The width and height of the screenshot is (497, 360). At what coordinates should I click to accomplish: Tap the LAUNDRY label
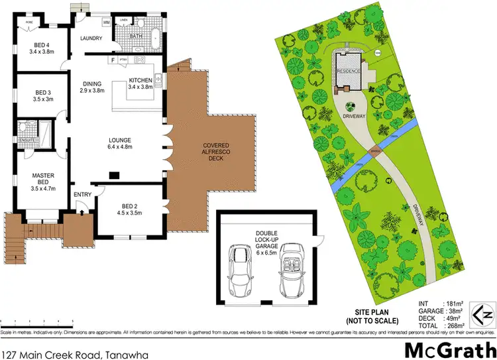[x=91, y=38]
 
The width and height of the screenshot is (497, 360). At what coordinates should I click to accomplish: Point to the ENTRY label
[x=83, y=194]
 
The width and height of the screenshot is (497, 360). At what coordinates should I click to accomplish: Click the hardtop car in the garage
[x=239, y=270]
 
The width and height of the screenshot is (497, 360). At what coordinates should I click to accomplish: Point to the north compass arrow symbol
[x=482, y=311]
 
